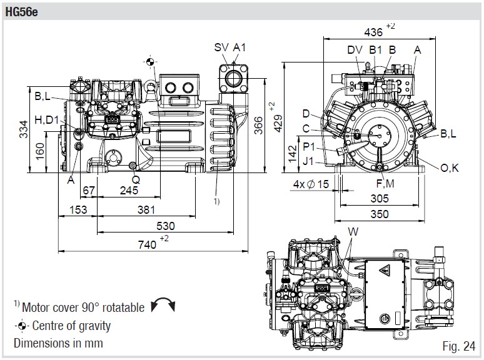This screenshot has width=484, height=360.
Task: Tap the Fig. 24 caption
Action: [458, 346]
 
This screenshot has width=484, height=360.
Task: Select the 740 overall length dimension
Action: [147, 244]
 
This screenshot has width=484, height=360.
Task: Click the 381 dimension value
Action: [147, 209]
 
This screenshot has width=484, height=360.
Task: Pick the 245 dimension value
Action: [129, 190]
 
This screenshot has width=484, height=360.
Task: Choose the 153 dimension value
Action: [78, 209]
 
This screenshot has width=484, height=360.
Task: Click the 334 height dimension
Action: [23, 129]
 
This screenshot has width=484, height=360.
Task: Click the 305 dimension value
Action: [379, 199]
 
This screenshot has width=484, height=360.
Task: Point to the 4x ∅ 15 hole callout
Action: [311, 184]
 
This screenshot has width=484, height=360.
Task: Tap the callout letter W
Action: [354, 232]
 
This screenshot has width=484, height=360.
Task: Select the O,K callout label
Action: [450, 167]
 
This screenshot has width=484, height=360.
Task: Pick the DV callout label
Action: [354, 49]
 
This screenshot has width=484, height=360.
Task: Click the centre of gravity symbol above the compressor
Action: [149, 60]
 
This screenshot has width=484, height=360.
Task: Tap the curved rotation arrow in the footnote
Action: [163, 307]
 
